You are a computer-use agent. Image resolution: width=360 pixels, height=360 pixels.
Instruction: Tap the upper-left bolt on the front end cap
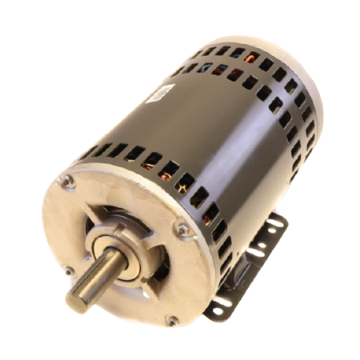(x=70, y=182)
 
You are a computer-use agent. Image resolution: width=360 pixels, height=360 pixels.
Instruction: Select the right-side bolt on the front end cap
(x=182, y=228)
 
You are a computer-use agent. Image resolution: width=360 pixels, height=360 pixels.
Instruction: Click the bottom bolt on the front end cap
(x=170, y=320)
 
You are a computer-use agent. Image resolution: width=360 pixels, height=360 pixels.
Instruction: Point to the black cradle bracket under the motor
(x=240, y=272)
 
